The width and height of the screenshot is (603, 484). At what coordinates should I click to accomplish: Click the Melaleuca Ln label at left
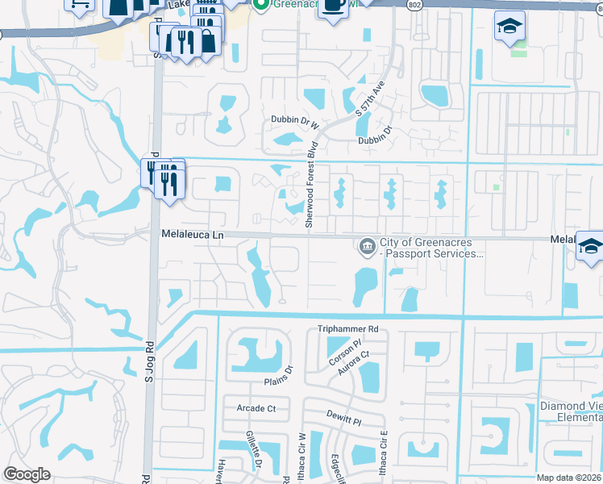coord(191,234)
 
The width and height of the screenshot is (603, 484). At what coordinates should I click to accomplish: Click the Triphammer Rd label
coord(347,329)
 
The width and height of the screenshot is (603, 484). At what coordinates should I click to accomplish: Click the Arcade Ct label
coord(256,409)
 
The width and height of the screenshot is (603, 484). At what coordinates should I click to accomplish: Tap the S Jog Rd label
coord(149,362)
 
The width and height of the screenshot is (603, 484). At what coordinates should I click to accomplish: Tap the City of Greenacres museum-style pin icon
coord(366,244)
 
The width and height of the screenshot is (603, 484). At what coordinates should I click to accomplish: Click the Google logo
coord(27,474)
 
